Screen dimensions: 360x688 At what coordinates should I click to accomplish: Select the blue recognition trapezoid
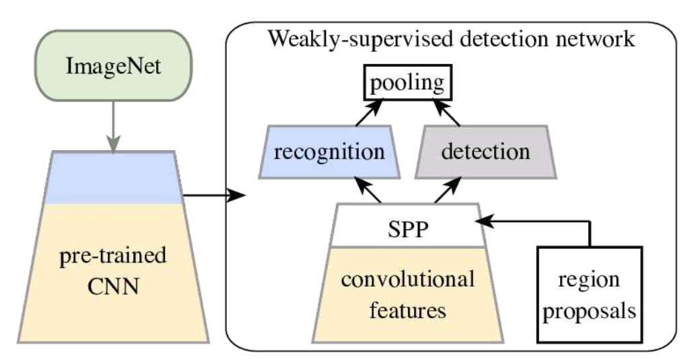324,151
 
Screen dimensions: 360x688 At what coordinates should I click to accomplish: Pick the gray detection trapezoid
485,151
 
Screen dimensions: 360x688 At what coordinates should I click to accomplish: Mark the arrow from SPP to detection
446,189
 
